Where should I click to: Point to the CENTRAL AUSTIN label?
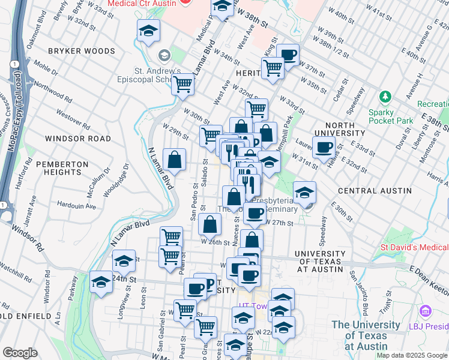(373, 190)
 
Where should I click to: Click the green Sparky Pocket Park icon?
(384, 97)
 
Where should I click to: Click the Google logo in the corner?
(20, 353)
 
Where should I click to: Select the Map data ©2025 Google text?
(412, 355)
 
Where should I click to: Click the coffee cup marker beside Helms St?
(324, 148)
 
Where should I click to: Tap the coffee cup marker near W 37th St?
(288, 55)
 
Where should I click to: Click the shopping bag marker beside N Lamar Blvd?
(174, 160)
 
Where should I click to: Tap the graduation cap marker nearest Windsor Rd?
(101, 282)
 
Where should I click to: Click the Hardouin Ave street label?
(76, 206)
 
